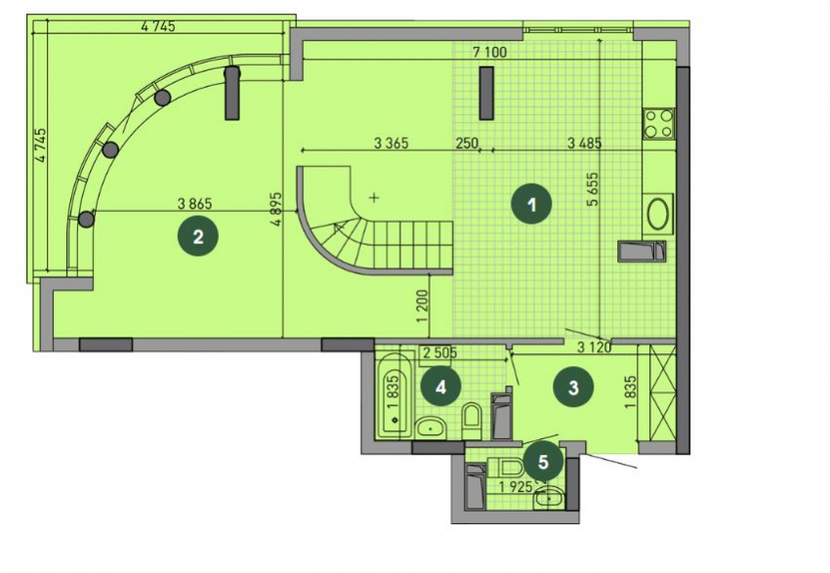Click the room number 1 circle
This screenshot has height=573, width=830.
coord(532,204)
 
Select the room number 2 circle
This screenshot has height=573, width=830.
coord(198,236)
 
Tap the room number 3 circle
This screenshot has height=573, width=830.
coord(573,388)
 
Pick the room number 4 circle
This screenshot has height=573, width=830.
coord(440,388)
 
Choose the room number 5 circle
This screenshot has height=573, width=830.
coord(543,462)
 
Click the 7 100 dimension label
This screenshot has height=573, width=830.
coord(489,52)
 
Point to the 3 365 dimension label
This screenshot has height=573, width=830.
coord(392,143)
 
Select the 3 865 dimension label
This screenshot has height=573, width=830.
coord(194,203)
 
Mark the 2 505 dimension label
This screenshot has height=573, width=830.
coord(439,353)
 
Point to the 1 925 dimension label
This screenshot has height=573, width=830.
coord(517,487)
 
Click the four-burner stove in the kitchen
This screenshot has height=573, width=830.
coord(658,123)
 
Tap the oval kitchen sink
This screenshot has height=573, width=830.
coord(658,214)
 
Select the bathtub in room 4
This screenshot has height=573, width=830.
coord(394,395)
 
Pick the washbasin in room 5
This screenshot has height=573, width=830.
coord(550,499)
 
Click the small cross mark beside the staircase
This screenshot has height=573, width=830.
coord(374,198)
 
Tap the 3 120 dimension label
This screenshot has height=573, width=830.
coord(594,348)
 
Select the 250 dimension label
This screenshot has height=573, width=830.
coord(467,143)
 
